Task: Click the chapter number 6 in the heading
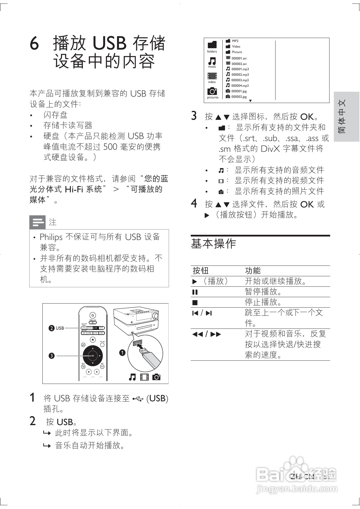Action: [35, 44]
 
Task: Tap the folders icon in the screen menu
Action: [212, 45]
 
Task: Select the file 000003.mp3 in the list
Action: [240, 80]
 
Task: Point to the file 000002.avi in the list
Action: [239, 64]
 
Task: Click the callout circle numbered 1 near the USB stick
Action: [122, 353]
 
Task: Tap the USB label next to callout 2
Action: [60, 328]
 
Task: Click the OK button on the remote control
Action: [93, 355]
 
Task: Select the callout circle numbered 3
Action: [52, 355]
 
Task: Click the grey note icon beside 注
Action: [37, 222]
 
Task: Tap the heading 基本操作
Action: [213, 244]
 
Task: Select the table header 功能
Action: [253, 271]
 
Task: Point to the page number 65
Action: [326, 477]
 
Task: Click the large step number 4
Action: [194, 203]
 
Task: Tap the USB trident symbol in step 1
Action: [138, 399]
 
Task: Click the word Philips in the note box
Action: [51, 237]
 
